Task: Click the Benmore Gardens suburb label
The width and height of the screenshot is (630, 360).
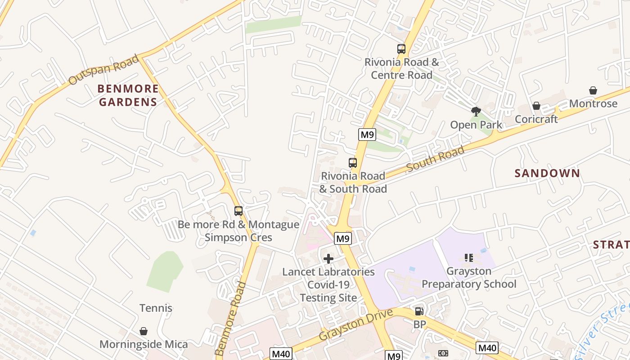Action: point(128,95)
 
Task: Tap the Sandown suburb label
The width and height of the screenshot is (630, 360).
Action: point(547,173)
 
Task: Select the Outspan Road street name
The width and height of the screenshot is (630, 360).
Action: point(103,70)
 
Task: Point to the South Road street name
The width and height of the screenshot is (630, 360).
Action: point(435,159)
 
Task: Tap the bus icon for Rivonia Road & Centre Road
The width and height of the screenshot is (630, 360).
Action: point(401,49)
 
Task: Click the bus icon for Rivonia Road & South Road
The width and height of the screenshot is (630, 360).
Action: point(353,163)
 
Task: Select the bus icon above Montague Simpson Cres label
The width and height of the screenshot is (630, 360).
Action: point(238,211)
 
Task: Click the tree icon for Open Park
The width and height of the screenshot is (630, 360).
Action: point(476,111)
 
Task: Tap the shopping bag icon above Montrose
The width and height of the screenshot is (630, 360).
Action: point(593,90)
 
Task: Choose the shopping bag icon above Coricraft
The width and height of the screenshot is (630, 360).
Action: point(536,106)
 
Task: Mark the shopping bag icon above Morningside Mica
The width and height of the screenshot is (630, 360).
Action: point(144,331)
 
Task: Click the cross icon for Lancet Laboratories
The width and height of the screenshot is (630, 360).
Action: point(328,258)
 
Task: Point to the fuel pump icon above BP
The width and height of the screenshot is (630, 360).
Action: point(419,311)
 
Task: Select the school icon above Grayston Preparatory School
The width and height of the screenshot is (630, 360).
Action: point(469,258)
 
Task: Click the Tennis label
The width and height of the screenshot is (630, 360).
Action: point(156,308)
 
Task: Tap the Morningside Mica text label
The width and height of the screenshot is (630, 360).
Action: point(144,345)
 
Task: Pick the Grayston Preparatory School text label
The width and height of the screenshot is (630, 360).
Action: point(469,278)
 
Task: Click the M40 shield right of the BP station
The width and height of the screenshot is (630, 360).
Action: point(487,347)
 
